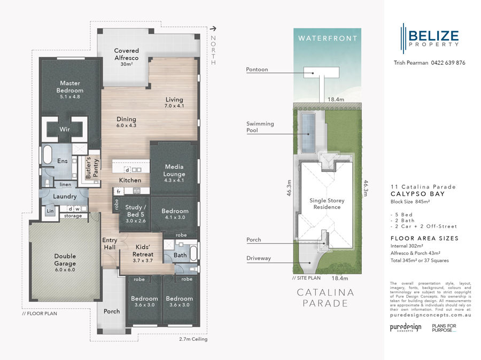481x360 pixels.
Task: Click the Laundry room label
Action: [x=65, y=197]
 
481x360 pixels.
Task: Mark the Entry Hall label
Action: [x=110, y=244]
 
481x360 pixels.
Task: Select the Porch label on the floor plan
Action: [x=112, y=311]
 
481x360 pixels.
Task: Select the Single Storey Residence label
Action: [x=327, y=204]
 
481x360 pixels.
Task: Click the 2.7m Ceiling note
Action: [x=193, y=339]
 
